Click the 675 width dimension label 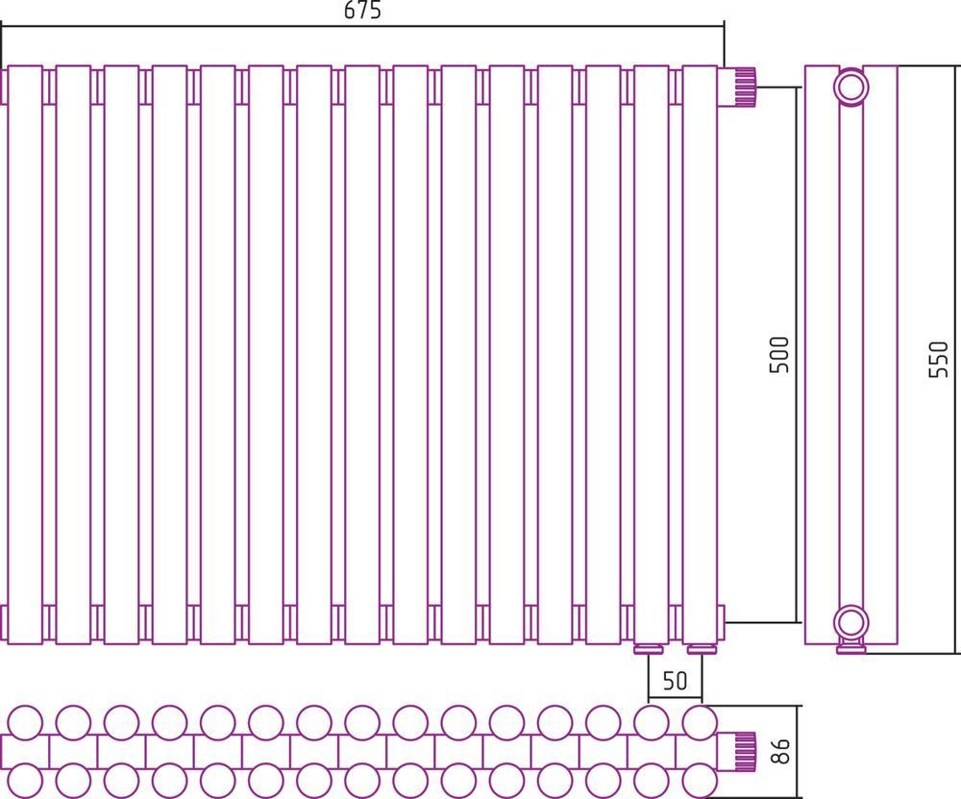click(x=362, y=11)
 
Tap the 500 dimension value click(x=779, y=355)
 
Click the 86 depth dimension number click(x=779, y=751)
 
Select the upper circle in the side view click(x=851, y=87)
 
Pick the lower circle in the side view click(x=851, y=623)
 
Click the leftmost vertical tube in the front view click(x=25, y=355)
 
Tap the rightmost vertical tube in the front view click(x=700, y=355)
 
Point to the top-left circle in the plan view click(x=25, y=723)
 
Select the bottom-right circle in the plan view click(x=700, y=781)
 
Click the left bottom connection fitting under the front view click(x=649, y=649)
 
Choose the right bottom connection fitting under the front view click(x=702, y=649)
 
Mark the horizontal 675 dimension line click(x=362, y=26)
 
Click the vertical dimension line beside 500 click(x=798, y=355)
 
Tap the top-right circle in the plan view click(x=700, y=723)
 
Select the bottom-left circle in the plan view click(x=25, y=781)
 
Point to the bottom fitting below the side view click(x=851, y=647)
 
